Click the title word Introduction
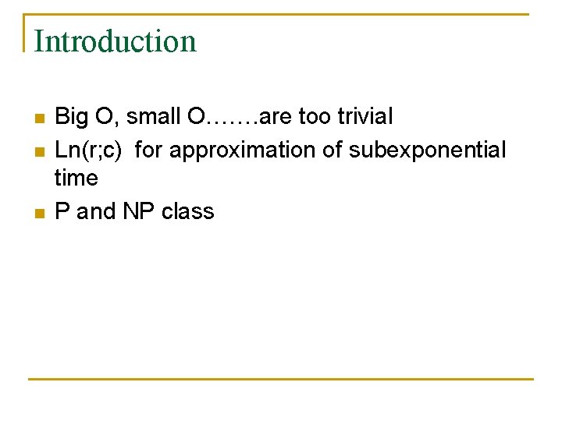[115, 41]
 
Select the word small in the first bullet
[152, 118]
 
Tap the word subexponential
[427, 149]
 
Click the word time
[76, 179]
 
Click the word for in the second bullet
[148, 149]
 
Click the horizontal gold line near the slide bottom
[281, 379]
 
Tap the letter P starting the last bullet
[62, 211]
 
